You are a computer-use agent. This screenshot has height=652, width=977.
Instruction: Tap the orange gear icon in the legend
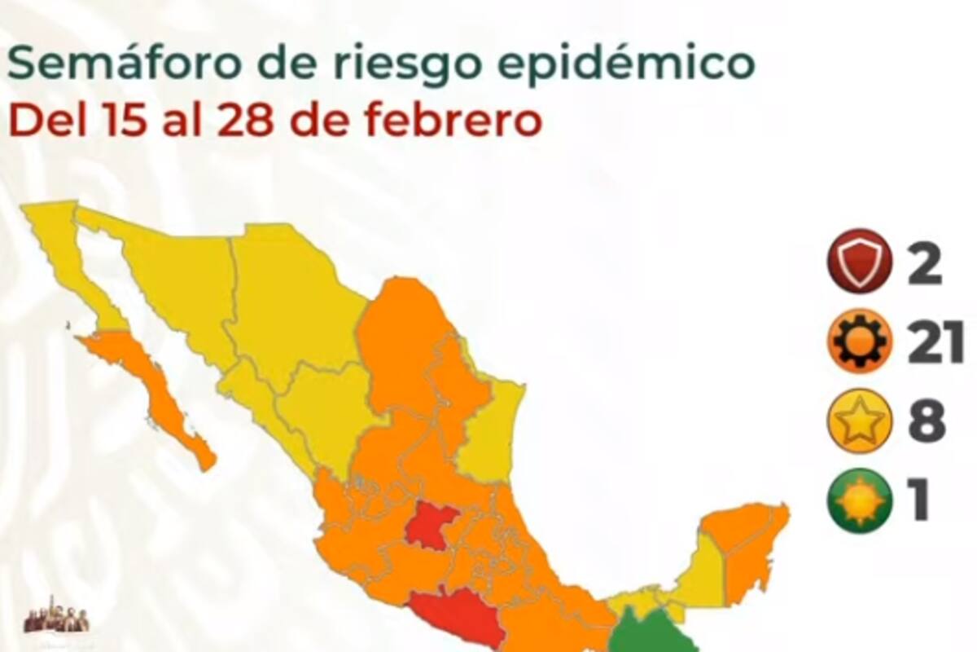point(859,342)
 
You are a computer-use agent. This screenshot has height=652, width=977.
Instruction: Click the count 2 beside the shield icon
point(925,262)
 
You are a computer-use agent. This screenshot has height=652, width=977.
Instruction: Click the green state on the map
point(647,632)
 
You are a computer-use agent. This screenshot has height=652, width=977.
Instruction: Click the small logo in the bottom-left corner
point(55,615)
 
